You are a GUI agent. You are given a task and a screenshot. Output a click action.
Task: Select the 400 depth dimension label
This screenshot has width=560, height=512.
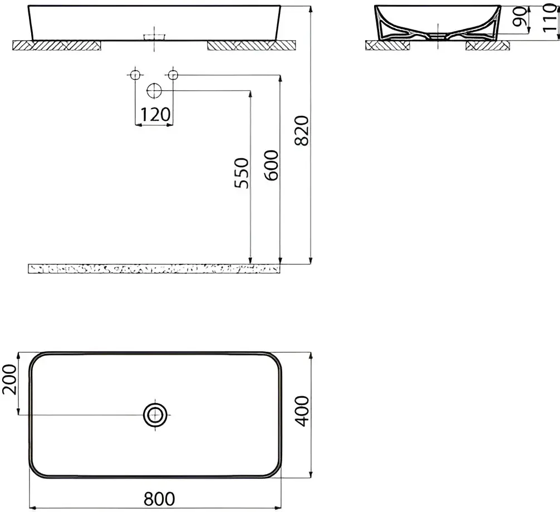(x=301, y=411)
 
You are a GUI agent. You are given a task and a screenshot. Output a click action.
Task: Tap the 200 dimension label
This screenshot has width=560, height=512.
(x=9, y=380)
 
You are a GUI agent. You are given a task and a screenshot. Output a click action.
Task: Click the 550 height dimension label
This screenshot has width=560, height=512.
(x=241, y=173)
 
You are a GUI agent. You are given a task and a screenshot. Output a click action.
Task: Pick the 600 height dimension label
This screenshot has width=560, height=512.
(x=271, y=165)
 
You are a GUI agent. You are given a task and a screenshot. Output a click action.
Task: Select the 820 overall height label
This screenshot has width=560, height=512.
(x=301, y=131)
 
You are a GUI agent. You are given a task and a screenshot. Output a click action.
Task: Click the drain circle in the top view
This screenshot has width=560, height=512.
(x=155, y=415)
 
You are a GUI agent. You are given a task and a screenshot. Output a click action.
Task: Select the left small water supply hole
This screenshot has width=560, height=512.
(x=134, y=75)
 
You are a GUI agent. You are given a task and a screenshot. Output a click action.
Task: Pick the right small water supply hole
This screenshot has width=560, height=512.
(x=173, y=75)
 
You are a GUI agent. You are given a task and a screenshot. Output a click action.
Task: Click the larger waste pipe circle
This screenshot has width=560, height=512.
(x=154, y=90)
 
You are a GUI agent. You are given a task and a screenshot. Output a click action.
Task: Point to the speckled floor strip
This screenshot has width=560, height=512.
(x=153, y=269)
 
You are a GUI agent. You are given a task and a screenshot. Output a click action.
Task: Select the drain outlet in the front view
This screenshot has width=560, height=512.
(x=155, y=37)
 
